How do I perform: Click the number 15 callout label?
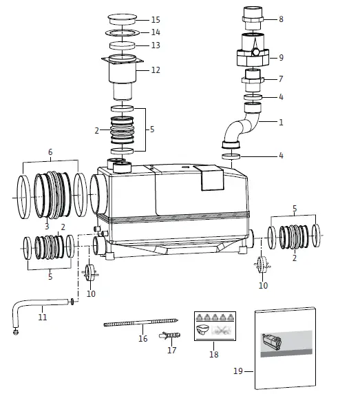point(156,19)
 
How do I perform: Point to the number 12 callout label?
point(156,70)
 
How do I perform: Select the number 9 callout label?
point(281,57)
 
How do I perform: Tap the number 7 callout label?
point(281,79)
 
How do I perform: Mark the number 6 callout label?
point(50,152)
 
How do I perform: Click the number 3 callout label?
point(47,226)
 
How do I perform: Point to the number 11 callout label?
point(43,318)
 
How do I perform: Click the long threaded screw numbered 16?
point(141,322)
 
